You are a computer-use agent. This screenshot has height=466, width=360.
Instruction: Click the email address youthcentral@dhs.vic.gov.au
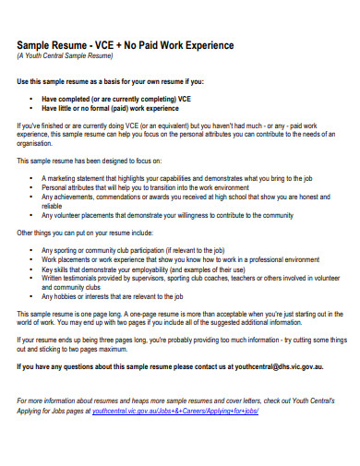point(279,368)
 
